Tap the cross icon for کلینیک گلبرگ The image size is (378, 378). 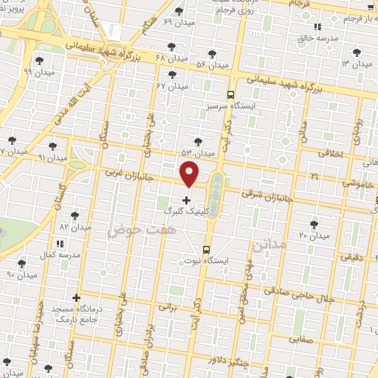point(185,200)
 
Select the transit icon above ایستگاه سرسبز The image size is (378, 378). point(231,94)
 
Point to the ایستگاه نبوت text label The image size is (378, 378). point(228,261)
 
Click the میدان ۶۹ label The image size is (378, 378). point(177,23)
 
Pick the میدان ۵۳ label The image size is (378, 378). point(198,153)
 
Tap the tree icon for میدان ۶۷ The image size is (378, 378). point(173,75)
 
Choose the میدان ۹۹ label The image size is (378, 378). point(37,72)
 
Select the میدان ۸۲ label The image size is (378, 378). point(74,227)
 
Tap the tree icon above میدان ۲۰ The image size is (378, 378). point(315,224)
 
